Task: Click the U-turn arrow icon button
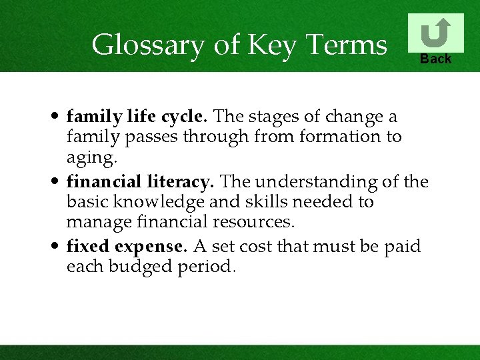(435, 33)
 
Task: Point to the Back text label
(435, 59)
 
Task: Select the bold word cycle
(188, 117)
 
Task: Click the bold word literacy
(179, 181)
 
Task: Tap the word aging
(91, 157)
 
